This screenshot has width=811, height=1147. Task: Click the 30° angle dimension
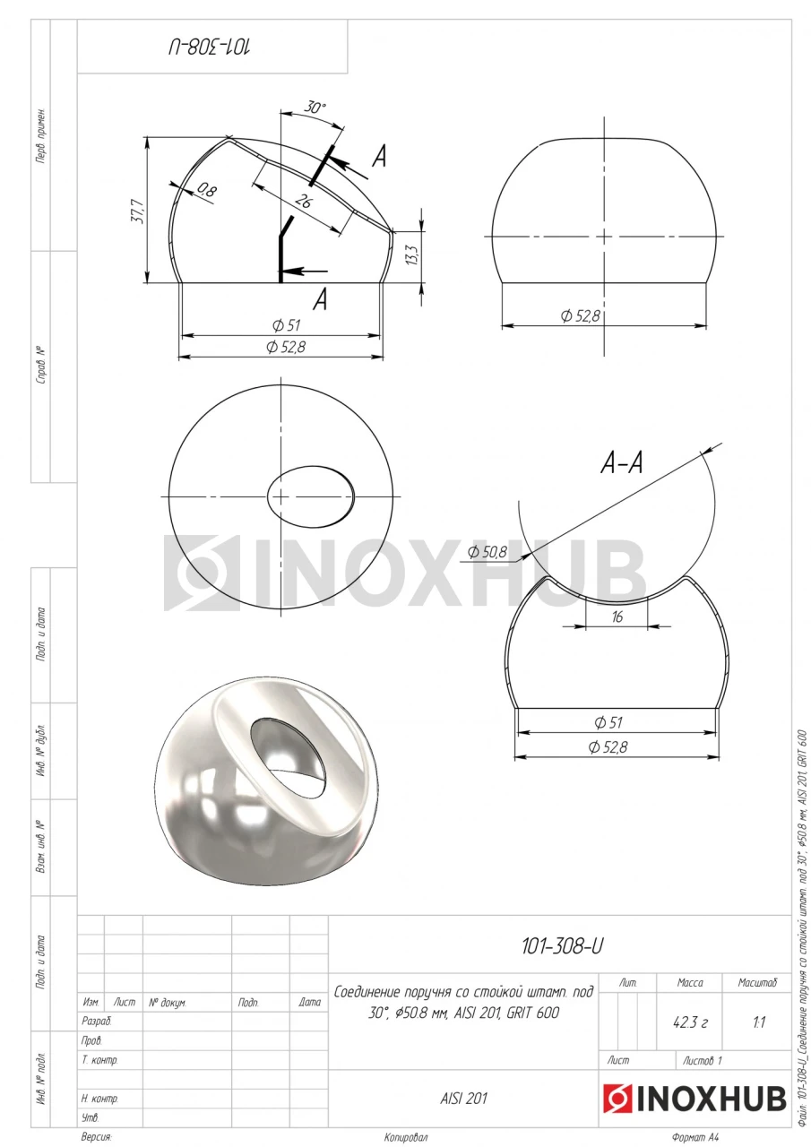[x=315, y=108]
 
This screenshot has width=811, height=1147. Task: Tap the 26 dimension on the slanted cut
[x=303, y=202]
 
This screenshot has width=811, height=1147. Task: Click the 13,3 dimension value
[x=413, y=254]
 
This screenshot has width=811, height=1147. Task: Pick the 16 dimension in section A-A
[x=617, y=617]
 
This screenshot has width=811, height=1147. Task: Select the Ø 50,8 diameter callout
[x=487, y=551]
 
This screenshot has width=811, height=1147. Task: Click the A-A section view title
[x=621, y=463]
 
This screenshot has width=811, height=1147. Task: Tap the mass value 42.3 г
[x=689, y=1022]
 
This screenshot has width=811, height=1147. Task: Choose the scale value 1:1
[x=759, y=1022]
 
